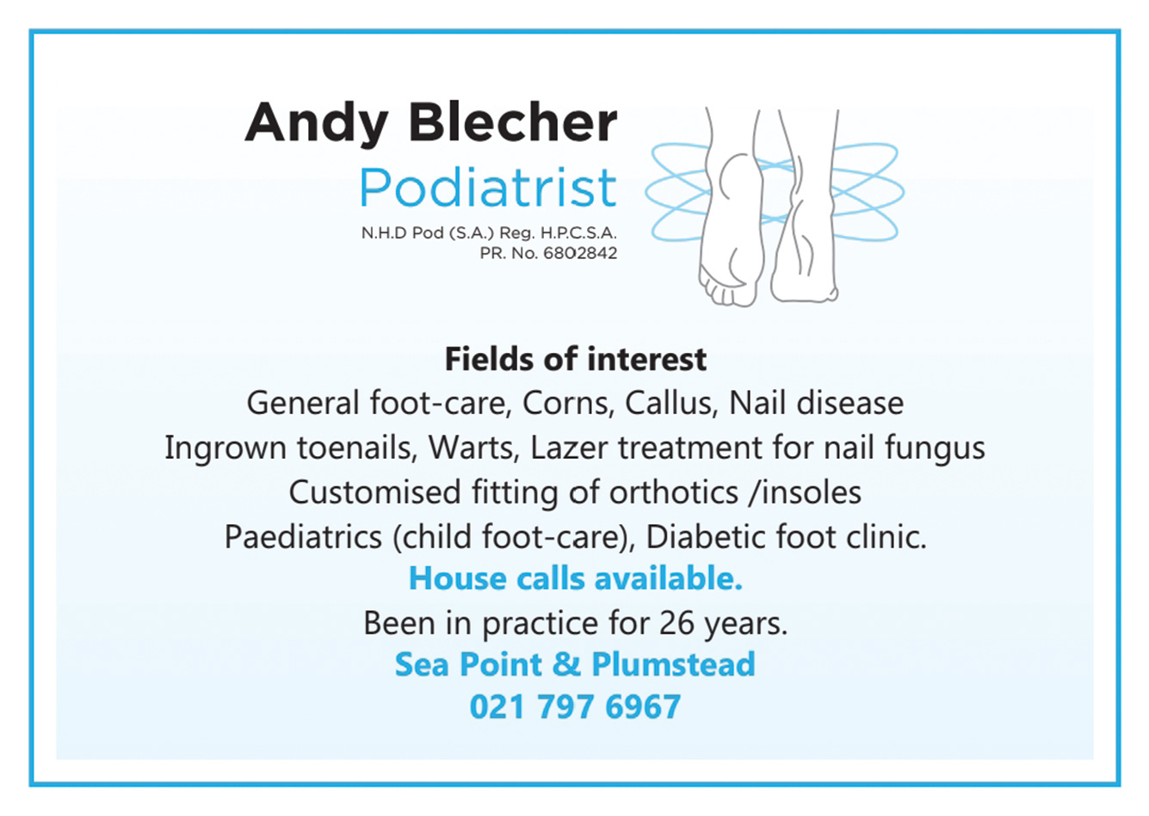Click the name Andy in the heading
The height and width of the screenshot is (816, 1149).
coord(316,124)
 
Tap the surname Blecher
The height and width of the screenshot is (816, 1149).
coord(512,122)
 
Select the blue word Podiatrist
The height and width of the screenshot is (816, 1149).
coord(488,187)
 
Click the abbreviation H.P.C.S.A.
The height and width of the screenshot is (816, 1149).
coord(578,233)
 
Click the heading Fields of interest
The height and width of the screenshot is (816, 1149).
coord(576,359)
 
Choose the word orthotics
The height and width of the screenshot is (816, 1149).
coord(674,492)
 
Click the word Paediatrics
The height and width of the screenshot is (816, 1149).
coord(303,537)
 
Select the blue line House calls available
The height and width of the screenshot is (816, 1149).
coord(576,579)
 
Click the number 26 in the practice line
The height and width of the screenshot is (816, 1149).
coord(676,624)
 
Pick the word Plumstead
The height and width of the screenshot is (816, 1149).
coord(674,665)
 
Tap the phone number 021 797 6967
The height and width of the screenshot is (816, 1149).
coord(575,707)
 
